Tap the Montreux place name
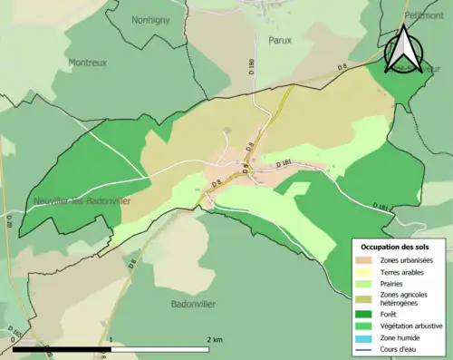pos(86,62)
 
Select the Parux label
pos(279,40)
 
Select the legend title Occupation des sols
pos(395,247)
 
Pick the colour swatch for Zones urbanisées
pos(364,260)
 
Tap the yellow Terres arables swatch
pos(364,271)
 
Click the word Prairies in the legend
pos(392,283)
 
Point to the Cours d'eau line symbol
pos(364,348)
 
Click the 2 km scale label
pos(214,339)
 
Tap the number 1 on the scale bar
pos(111,339)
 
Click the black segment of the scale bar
pos(62,348)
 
